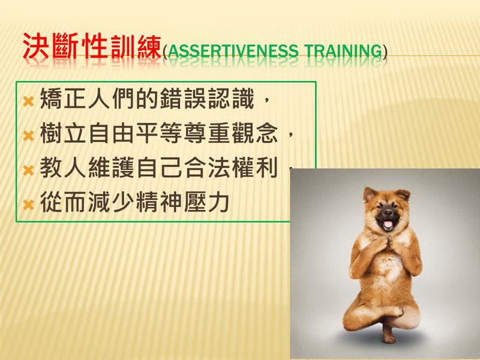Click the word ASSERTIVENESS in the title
[233, 52]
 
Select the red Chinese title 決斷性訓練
[92, 46]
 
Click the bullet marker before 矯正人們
[28, 101]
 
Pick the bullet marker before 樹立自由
[28, 136]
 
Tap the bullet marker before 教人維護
[28, 170]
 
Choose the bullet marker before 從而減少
[28, 205]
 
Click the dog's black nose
[388, 212]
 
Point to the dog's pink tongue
[388, 224]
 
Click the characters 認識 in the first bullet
[231, 98]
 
